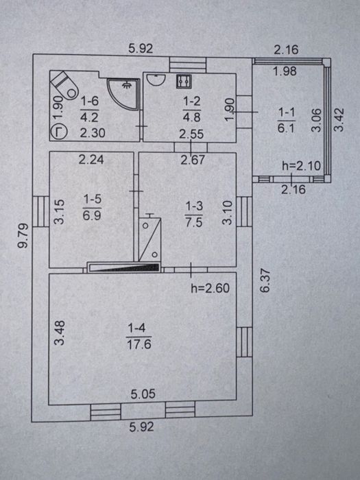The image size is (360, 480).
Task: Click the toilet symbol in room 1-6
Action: (64, 85)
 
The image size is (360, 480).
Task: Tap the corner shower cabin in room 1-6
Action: (123, 93)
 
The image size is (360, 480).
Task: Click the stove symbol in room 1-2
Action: (184, 82)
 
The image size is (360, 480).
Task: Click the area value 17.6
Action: (139, 345)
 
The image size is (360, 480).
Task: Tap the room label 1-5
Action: (92, 200)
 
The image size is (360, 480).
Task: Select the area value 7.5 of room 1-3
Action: (194, 221)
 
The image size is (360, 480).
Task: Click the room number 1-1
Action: (286, 112)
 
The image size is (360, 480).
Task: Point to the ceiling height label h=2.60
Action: (210, 288)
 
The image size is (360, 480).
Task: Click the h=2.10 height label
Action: (301, 166)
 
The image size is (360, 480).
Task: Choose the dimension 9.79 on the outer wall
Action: (23, 236)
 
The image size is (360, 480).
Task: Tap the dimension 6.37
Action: (265, 280)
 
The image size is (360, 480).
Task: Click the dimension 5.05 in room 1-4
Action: (143, 394)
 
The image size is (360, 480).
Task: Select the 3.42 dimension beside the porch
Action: (339, 120)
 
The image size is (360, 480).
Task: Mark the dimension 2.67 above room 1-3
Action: (192, 160)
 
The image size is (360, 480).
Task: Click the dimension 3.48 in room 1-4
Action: (60, 333)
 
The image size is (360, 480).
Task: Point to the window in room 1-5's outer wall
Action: (40, 211)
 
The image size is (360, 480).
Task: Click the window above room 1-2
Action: (188, 65)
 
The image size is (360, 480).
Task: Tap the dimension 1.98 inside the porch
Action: (285, 71)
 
